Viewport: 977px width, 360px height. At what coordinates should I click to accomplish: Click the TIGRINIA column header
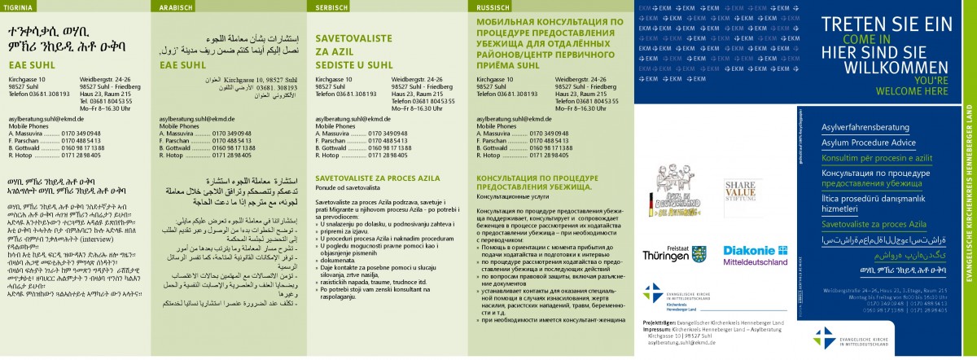(x=21, y=7)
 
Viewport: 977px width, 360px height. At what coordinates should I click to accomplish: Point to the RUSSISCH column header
(x=493, y=7)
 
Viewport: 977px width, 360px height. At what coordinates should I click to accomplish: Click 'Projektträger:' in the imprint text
(x=650, y=345)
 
